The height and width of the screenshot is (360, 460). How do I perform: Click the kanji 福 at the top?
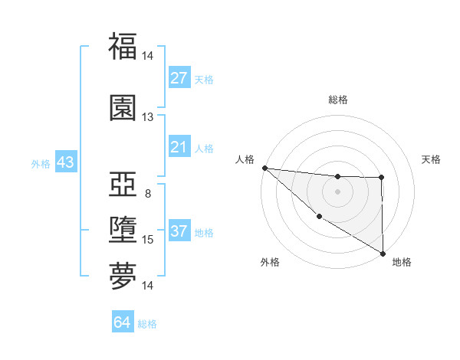click(x=123, y=47)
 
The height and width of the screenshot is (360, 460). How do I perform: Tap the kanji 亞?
click(x=123, y=185)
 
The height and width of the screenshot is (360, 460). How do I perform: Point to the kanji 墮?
click(x=123, y=231)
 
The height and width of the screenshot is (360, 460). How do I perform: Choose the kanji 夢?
click(x=123, y=277)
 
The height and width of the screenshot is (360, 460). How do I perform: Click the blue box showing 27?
click(x=179, y=78)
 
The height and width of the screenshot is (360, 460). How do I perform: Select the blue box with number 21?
click(x=179, y=147)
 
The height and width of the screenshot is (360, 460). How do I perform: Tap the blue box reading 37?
click(x=179, y=232)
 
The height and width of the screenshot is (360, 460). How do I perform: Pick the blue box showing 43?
click(x=64, y=163)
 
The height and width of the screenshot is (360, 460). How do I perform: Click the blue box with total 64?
click(x=123, y=322)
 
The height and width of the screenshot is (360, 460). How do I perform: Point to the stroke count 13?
click(x=147, y=116)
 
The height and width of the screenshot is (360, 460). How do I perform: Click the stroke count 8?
click(x=147, y=193)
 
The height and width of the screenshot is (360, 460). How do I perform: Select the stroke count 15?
click(x=147, y=240)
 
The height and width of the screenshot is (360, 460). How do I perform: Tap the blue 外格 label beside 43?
click(x=40, y=164)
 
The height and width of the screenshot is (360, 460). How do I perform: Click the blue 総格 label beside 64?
click(x=147, y=324)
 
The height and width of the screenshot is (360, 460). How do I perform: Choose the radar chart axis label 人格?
click(x=245, y=159)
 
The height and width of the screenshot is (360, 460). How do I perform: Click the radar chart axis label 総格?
click(x=337, y=100)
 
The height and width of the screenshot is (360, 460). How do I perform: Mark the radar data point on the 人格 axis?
click(x=264, y=168)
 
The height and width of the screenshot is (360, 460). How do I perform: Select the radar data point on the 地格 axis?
click(x=382, y=253)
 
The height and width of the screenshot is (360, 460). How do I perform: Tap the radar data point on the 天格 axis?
click(x=382, y=178)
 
